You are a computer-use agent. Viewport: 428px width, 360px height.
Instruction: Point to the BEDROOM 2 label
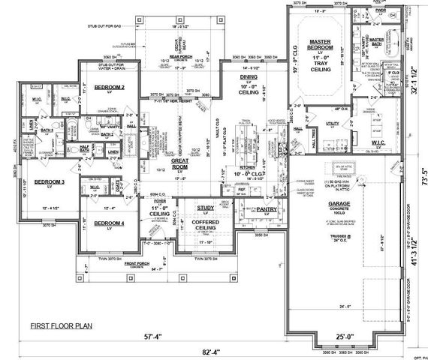click(x=109, y=87)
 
